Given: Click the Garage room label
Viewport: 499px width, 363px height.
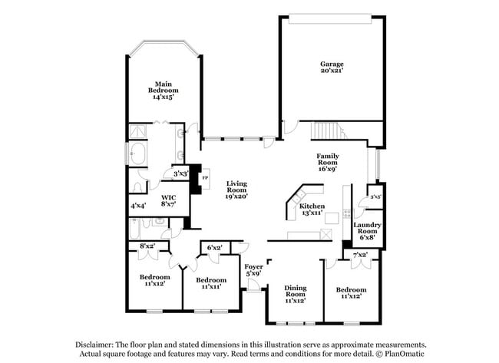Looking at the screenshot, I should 332,67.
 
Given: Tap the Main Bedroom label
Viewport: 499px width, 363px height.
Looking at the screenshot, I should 162,91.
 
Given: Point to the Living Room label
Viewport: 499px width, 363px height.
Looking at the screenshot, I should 236,190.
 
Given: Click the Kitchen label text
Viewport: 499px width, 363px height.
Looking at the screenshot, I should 312,210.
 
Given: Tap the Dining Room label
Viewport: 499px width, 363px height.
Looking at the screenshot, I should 296,295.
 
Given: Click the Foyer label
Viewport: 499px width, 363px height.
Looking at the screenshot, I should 253,269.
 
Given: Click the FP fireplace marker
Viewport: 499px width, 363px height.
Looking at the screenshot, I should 204,178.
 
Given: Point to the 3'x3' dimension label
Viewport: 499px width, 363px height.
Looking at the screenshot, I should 181,173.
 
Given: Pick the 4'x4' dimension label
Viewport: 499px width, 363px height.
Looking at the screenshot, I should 139,206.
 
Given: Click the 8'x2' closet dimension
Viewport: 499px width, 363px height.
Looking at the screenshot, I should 147,246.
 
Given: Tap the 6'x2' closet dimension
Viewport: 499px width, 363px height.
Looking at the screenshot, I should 216,247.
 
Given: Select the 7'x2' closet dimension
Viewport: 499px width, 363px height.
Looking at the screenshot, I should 360,255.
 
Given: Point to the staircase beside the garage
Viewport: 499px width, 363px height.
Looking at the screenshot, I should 329,130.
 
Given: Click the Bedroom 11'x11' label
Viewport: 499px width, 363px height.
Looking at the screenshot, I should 211,283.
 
